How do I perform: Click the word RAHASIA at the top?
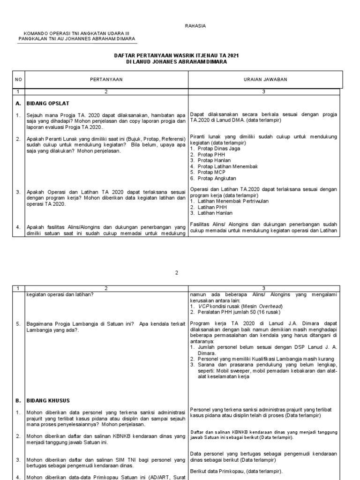(x=196, y=26)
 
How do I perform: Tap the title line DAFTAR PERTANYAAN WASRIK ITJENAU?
(x=177, y=55)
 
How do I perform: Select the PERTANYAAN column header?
(x=106, y=80)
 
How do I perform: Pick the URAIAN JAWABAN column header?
(x=265, y=80)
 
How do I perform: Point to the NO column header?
(x=18, y=80)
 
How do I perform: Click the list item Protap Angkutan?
(x=216, y=178)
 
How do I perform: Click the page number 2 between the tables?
(x=177, y=272)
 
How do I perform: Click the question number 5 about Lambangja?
(x=17, y=323)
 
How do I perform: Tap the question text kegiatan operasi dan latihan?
(x=60, y=294)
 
